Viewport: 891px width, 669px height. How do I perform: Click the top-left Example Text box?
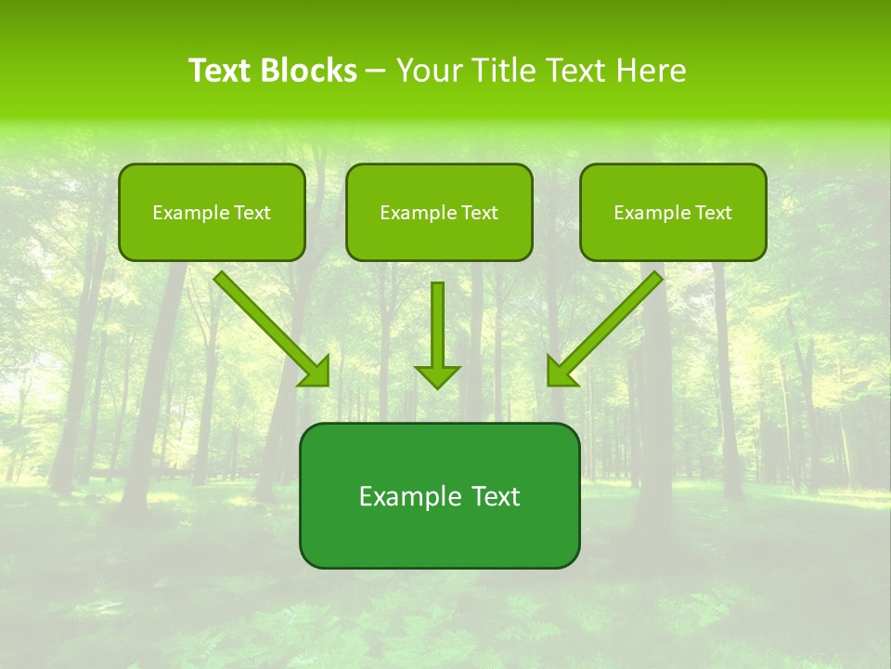pyautogui.click(x=212, y=212)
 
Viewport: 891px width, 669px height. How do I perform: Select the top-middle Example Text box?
pyautogui.click(x=439, y=212)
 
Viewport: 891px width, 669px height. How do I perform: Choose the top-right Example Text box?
pyautogui.click(x=673, y=212)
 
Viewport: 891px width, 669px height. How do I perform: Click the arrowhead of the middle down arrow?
pyautogui.click(x=437, y=376)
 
